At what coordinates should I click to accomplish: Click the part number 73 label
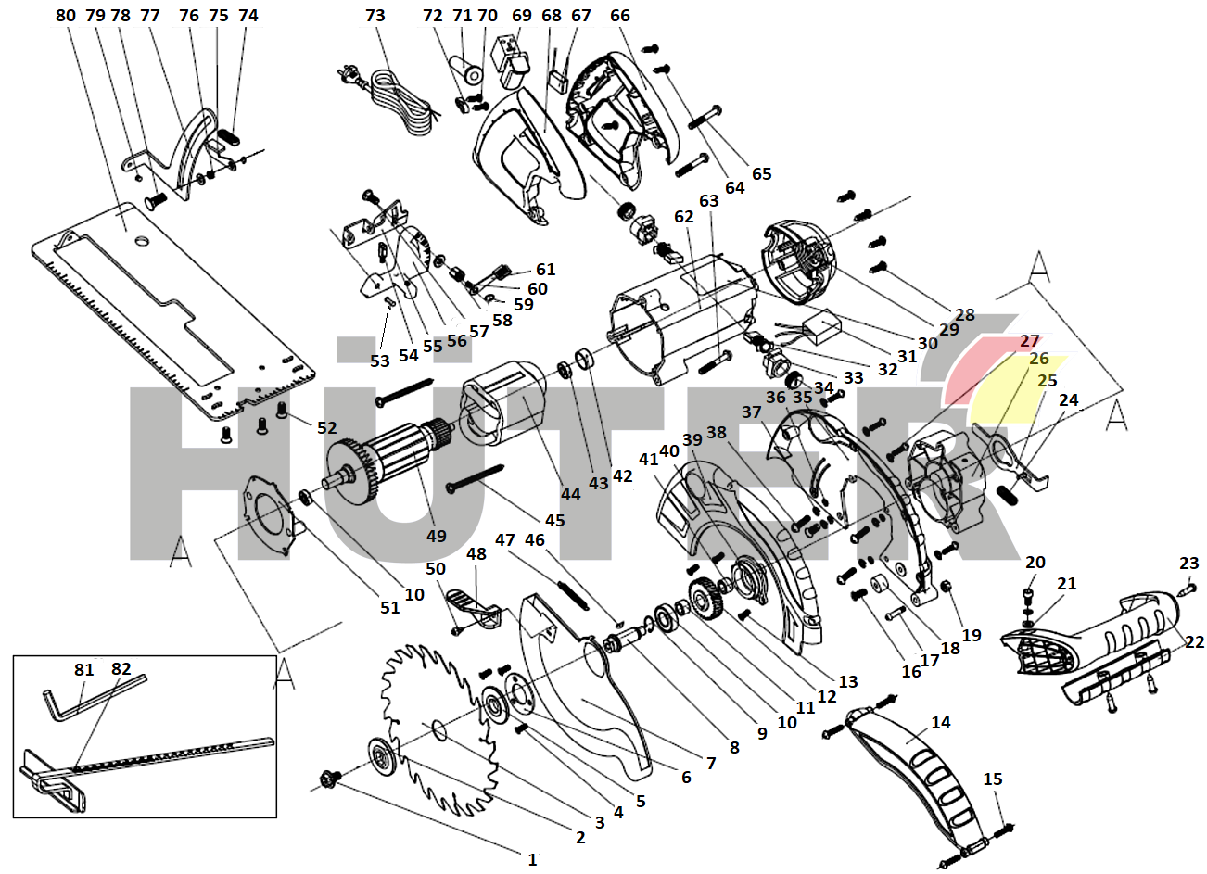(x=375, y=16)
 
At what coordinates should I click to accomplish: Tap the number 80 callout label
(x=66, y=16)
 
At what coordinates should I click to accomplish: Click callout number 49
(x=436, y=536)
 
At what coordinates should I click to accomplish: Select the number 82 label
(x=121, y=669)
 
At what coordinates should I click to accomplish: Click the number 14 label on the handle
(x=941, y=722)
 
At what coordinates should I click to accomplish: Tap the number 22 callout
(x=1194, y=642)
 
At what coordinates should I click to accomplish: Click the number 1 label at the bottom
(x=532, y=860)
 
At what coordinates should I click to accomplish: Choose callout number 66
(x=620, y=16)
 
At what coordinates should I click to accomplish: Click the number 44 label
(x=571, y=494)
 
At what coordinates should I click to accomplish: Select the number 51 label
(x=390, y=607)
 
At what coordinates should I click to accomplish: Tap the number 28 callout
(x=965, y=314)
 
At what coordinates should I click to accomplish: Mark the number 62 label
(x=684, y=217)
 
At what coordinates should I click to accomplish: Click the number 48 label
(x=476, y=554)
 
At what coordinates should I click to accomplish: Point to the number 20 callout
(x=1035, y=563)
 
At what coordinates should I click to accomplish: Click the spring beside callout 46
(x=573, y=593)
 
